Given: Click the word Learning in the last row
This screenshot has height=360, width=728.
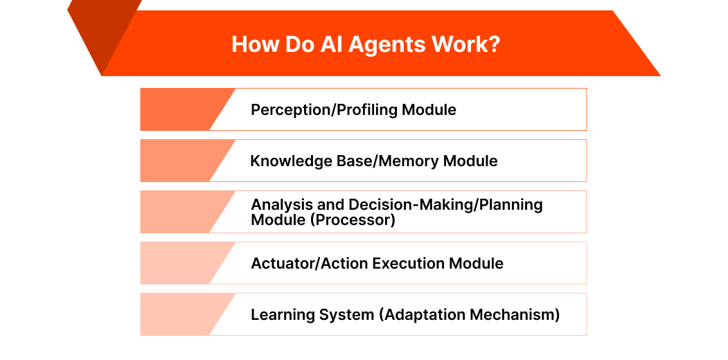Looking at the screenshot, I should pyautogui.click(x=281, y=315).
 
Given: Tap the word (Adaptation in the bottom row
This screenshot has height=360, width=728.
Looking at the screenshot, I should pyautogui.click(x=423, y=315).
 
